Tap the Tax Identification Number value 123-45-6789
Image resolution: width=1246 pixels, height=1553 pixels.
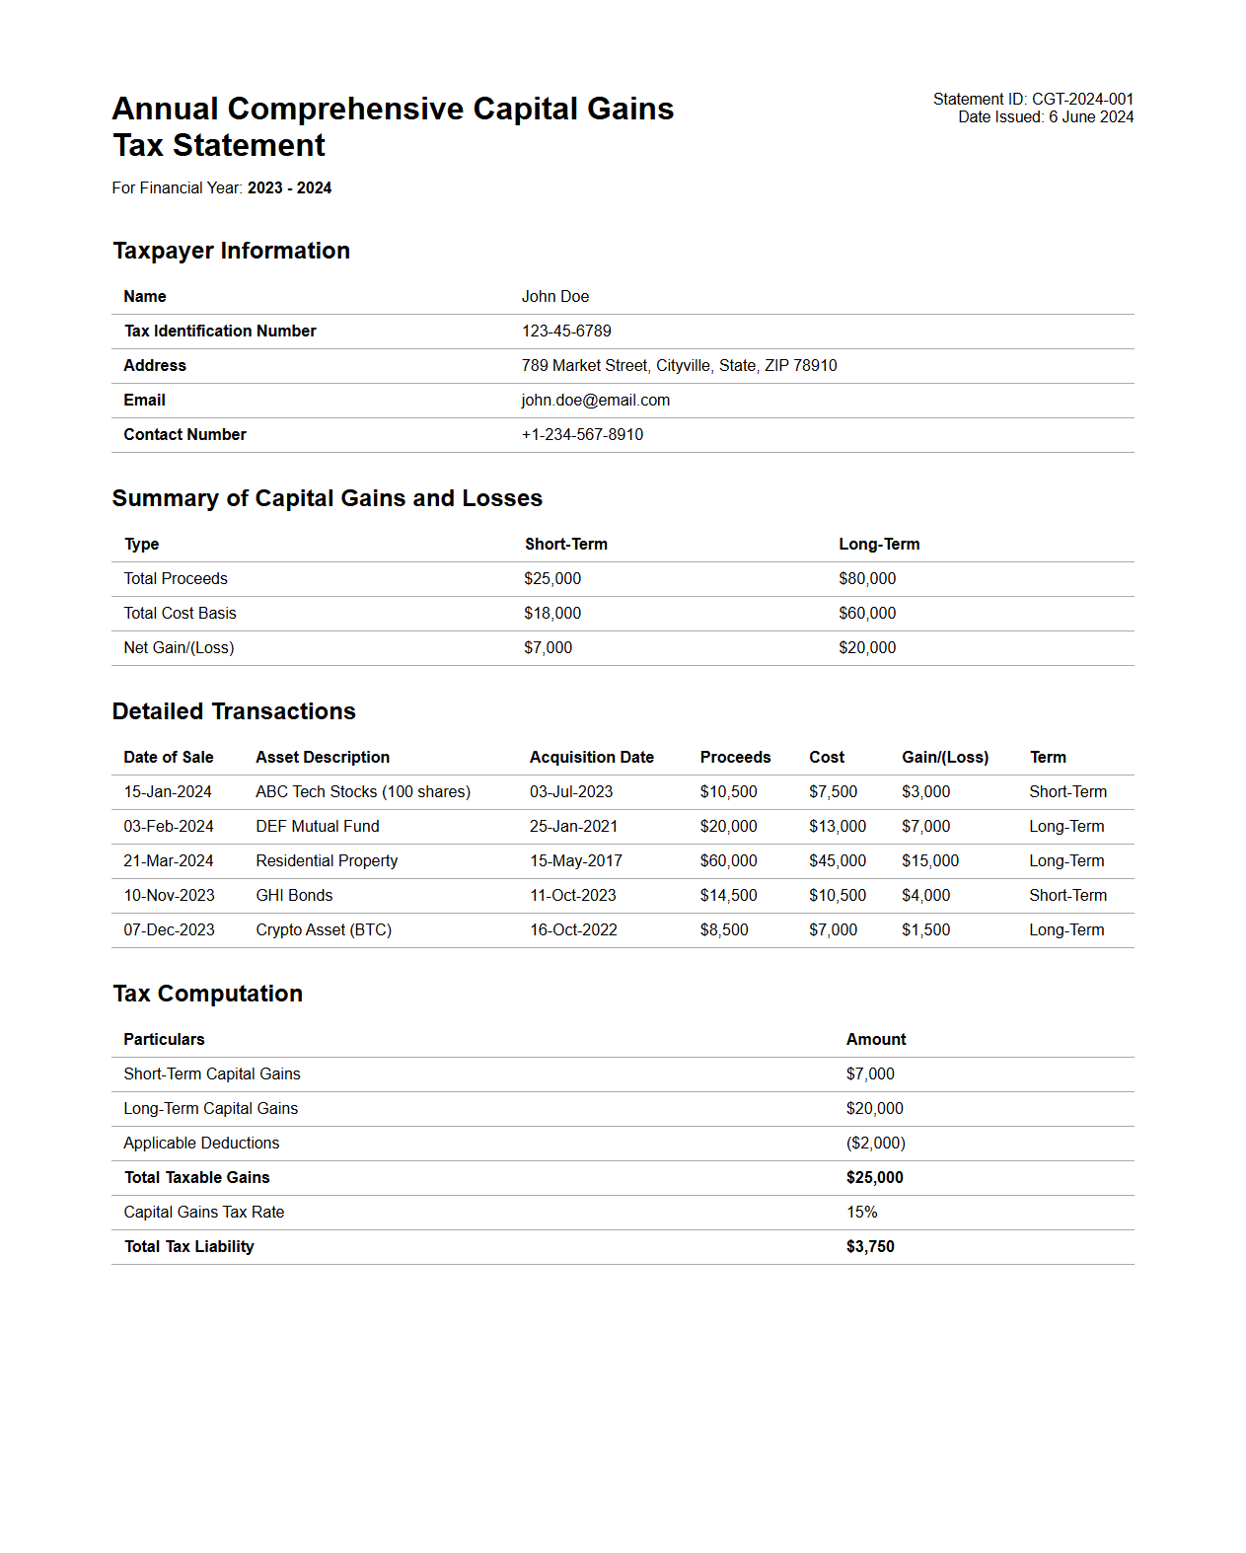(x=566, y=332)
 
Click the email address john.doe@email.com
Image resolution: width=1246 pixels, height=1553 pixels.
(x=595, y=401)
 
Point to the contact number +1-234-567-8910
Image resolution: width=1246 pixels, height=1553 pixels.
(x=582, y=435)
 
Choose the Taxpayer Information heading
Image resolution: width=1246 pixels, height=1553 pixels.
(x=231, y=251)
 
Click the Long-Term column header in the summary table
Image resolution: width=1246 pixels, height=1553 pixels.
(x=878, y=545)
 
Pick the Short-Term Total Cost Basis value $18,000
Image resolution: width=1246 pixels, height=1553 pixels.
(x=552, y=614)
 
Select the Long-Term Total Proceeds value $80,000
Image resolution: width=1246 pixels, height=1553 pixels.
(x=867, y=579)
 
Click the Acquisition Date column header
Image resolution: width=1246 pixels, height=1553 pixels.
(x=591, y=758)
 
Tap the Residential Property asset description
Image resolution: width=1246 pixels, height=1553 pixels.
(x=327, y=861)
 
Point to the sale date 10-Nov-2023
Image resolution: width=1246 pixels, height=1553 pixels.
(x=169, y=896)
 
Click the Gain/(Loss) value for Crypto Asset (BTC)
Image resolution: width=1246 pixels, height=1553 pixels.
(x=925, y=930)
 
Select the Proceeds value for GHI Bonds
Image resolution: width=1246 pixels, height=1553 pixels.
(x=728, y=896)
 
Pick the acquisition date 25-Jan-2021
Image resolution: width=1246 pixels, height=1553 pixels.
(x=573, y=827)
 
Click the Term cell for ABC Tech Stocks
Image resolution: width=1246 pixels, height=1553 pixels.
(x=1067, y=792)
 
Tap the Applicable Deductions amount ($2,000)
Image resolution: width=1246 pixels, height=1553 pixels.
(x=875, y=1144)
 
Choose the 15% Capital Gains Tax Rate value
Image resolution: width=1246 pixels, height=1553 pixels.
(x=861, y=1213)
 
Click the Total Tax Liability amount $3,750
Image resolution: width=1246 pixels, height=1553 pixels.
(x=869, y=1247)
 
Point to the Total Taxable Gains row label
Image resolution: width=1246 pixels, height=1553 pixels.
(x=196, y=1178)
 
